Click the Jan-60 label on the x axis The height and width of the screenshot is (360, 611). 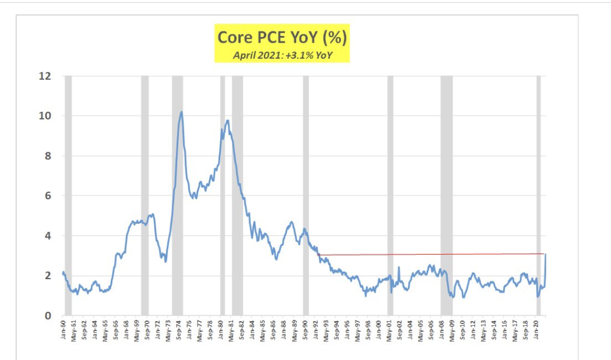[64, 329]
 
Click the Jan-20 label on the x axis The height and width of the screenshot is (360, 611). [537, 329]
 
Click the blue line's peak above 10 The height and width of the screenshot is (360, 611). [181, 112]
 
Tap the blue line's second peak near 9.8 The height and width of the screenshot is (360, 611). [227, 121]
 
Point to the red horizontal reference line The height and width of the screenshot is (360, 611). [432, 254]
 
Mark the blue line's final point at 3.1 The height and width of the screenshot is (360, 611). [546, 254]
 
